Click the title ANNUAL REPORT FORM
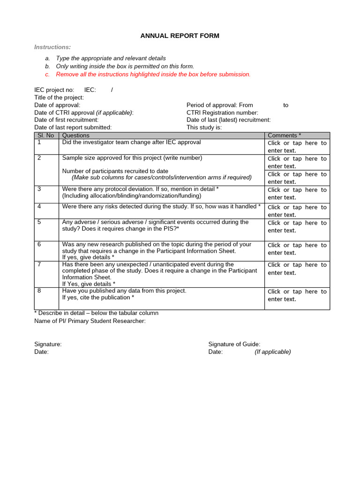pyautogui.click(x=180, y=36)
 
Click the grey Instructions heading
pyautogui.click(x=52, y=47)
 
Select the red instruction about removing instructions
pyautogui.click(x=153, y=74)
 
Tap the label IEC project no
pyautogui.click(x=54, y=90)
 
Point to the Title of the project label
pyautogui.click(x=59, y=97)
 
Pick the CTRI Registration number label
pyautogui.click(x=222, y=112)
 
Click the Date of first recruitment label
pyautogui.click(x=66, y=120)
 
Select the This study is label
pyautogui.click(x=204, y=127)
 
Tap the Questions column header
pyautogui.click(x=76, y=135)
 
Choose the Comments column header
pyautogui.click(x=284, y=135)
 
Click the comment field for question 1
pyautogui.click(x=297, y=147)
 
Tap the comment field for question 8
pyautogui.click(x=297, y=295)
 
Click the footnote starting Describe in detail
pyautogui.click(x=96, y=313)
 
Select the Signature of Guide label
pyautogui.click(x=234, y=344)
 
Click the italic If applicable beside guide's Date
pyautogui.click(x=273, y=352)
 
